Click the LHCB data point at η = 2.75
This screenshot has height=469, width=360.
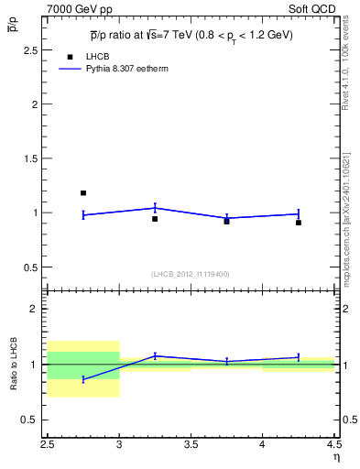point(83,193)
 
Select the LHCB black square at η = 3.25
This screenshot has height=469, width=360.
point(155,219)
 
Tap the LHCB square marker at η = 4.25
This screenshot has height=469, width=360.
point(299,223)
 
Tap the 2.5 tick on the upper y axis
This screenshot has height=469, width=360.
point(35,49)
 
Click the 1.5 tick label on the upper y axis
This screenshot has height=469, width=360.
point(35,158)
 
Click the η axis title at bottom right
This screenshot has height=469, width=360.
point(335,456)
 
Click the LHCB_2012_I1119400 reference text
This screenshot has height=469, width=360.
point(191,274)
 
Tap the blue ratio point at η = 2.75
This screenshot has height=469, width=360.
point(83,379)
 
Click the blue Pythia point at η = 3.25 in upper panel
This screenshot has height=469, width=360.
point(155,208)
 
